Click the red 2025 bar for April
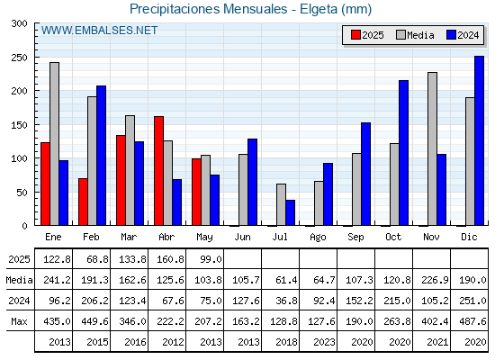coord(158,171)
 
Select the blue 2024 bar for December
coord(479,140)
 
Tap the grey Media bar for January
coord(54,144)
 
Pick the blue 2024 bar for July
coord(290,212)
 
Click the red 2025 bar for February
coord(83,202)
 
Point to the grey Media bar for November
coord(432,148)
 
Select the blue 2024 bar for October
coord(403,153)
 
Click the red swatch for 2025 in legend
coord(355,35)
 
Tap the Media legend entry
coord(415,35)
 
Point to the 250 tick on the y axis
coord(19,58)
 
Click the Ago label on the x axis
coord(318,238)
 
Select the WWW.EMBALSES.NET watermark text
coord(99,31)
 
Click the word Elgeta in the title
coord(319,9)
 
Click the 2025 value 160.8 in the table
coord(170,259)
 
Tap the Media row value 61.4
coord(286,280)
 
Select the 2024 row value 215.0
coord(397,301)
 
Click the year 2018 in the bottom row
coord(286,342)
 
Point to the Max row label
coord(19,321)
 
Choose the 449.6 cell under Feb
coord(94,321)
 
